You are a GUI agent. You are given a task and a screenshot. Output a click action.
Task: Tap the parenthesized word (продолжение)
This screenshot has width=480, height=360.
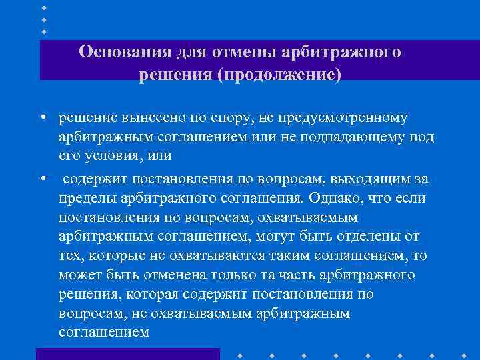coord(279,75)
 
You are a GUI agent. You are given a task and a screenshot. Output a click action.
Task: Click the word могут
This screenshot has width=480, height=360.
coord(286,237)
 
